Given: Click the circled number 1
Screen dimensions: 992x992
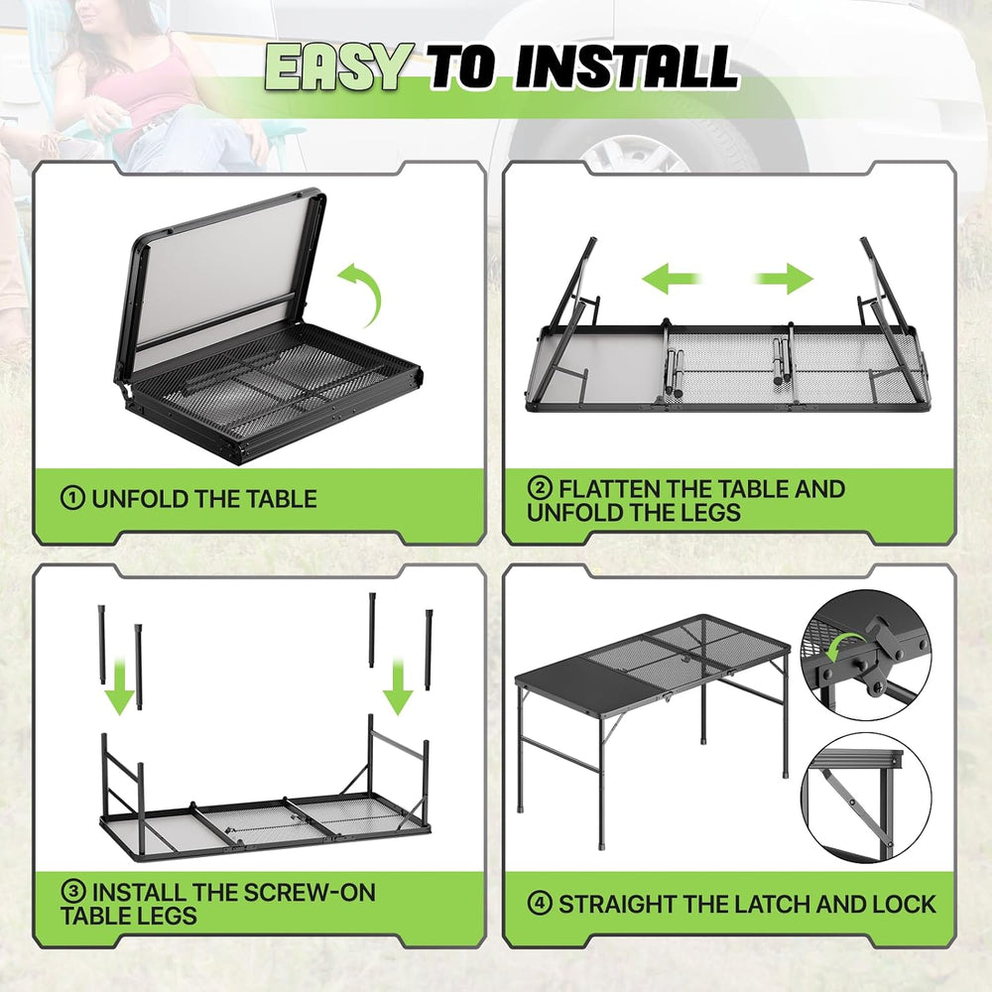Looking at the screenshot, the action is tap(72, 498).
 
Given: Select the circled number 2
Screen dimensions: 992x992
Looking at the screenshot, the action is tap(540, 488).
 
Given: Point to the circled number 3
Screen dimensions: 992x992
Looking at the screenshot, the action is tap(72, 892).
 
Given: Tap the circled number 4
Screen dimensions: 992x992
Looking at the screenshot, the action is tap(540, 904).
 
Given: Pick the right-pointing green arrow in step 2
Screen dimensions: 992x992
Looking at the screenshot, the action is tap(784, 279).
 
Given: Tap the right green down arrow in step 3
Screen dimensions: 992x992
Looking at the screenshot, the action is tap(398, 686).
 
